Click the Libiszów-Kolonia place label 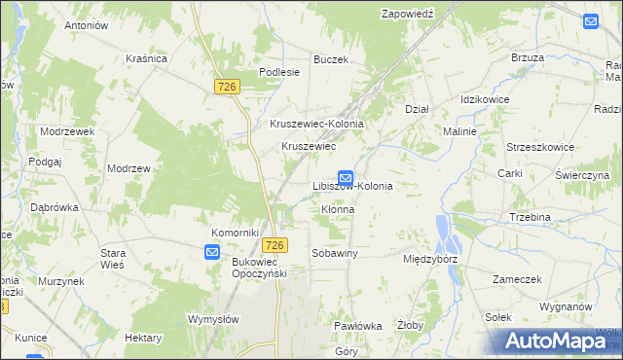352,186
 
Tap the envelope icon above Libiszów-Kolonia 346,177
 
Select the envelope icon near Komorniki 213,253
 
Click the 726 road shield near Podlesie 227,88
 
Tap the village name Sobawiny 335,253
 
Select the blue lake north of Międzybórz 446,232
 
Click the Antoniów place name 85,25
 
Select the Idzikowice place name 487,100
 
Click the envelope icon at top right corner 592,20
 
